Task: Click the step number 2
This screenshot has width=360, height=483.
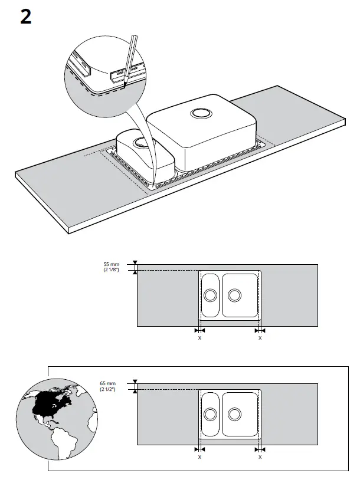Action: pos(25,17)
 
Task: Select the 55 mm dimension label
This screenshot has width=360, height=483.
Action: pos(111,264)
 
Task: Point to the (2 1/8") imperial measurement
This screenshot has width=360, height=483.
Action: pos(111,270)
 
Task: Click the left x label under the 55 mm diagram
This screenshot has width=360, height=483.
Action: pos(199,338)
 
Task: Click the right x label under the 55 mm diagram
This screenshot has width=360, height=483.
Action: pos(260,338)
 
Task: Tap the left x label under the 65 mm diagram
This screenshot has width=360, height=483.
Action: pos(199,457)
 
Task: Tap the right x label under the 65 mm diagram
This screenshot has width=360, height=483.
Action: pos(260,457)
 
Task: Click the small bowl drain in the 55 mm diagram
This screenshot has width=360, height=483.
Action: pos(210,294)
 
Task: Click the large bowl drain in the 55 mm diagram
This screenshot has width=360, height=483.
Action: pos(234,294)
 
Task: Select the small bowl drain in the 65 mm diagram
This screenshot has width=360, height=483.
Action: pos(210,413)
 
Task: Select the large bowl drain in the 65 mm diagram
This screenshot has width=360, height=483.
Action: pos(234,413)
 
